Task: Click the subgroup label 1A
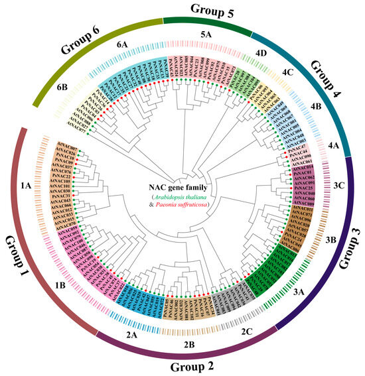(x=27, y=188)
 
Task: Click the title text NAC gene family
(x=183, y=184)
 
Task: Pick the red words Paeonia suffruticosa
(x=186, y=206)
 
